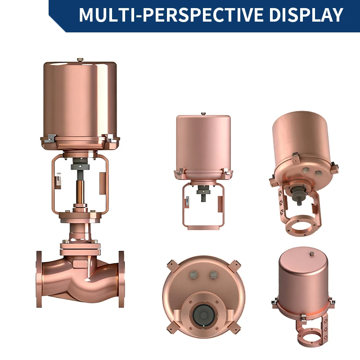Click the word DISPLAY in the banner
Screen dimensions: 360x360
point(306,15)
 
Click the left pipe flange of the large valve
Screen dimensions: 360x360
point(39,279)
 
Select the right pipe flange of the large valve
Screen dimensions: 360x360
point(121,279)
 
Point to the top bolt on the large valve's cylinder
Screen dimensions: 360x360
point(80,60)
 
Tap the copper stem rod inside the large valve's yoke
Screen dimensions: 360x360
point(80,192)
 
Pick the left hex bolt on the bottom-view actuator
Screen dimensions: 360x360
point(193,274)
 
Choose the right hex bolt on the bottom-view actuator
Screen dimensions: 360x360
point(213,274)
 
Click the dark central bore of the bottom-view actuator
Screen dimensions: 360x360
point(203,315)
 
